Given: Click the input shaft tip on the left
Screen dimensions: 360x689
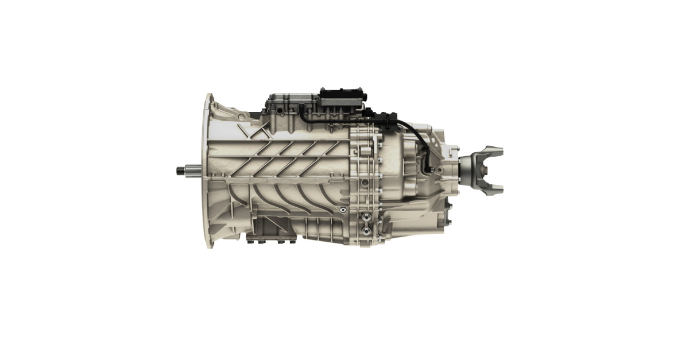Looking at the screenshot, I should (x=179, y=170).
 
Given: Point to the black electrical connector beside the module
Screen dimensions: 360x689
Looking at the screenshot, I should (x=384, y=118).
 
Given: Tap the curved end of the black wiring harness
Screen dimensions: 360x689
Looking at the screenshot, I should (x=427, y=167).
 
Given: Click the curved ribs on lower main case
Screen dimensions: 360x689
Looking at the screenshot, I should (x=287, y=198).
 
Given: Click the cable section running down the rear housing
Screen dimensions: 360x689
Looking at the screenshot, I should (x=426, y=146).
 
